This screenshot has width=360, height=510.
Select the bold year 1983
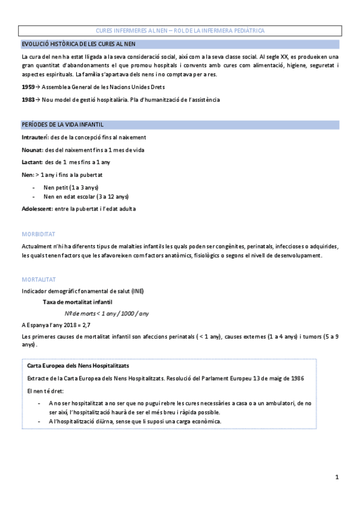(27, 99)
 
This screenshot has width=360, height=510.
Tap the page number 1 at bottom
(337, 478)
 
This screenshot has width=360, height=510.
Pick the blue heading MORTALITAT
(38, 280)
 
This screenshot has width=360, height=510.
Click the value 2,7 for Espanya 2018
(85, 324)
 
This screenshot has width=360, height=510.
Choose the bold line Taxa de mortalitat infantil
(77, 301)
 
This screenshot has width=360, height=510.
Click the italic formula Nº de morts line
(107, 313)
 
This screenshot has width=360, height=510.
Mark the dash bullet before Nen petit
(34, 187)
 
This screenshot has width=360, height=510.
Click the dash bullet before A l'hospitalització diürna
(40, 421)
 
